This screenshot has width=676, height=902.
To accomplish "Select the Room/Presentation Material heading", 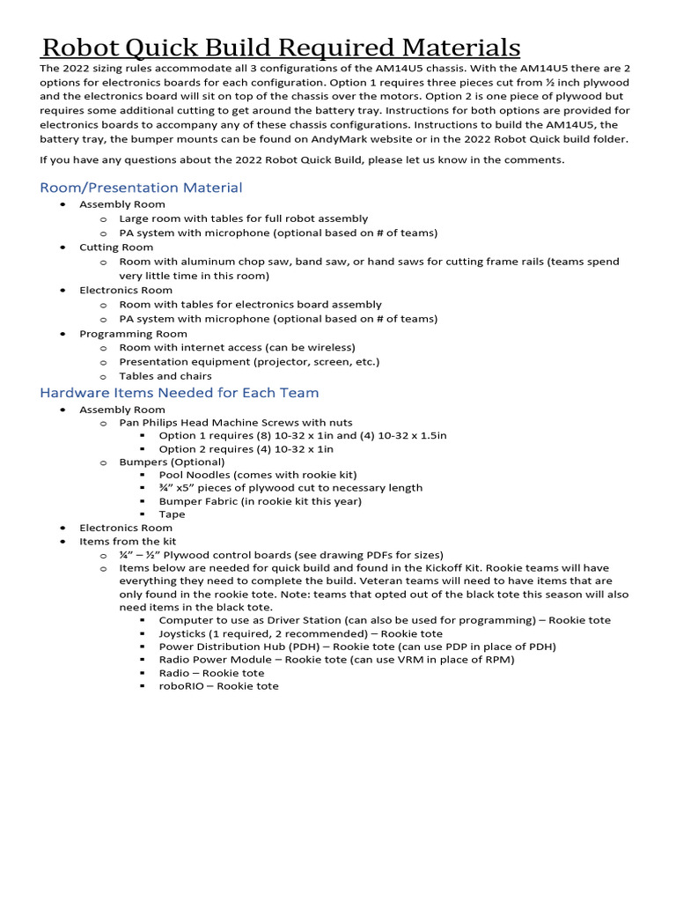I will point(141,188).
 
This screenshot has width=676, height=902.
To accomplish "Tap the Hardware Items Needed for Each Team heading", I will point(180,392).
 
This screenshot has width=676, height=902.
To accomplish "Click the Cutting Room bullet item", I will point(116,248).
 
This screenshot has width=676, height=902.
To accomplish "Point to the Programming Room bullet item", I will point(133,334).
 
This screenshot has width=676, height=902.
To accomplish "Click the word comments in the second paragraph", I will point(532,159).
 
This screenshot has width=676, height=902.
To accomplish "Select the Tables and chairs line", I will point(165,376).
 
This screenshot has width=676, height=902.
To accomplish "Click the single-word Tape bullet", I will point(172,514).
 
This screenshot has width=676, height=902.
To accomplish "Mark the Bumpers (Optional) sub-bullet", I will point(172,462).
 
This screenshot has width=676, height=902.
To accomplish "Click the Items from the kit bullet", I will point(133,541).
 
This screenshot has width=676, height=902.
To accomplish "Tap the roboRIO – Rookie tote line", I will point(218,685).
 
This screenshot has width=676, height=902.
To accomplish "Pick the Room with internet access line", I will point(237,347).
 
